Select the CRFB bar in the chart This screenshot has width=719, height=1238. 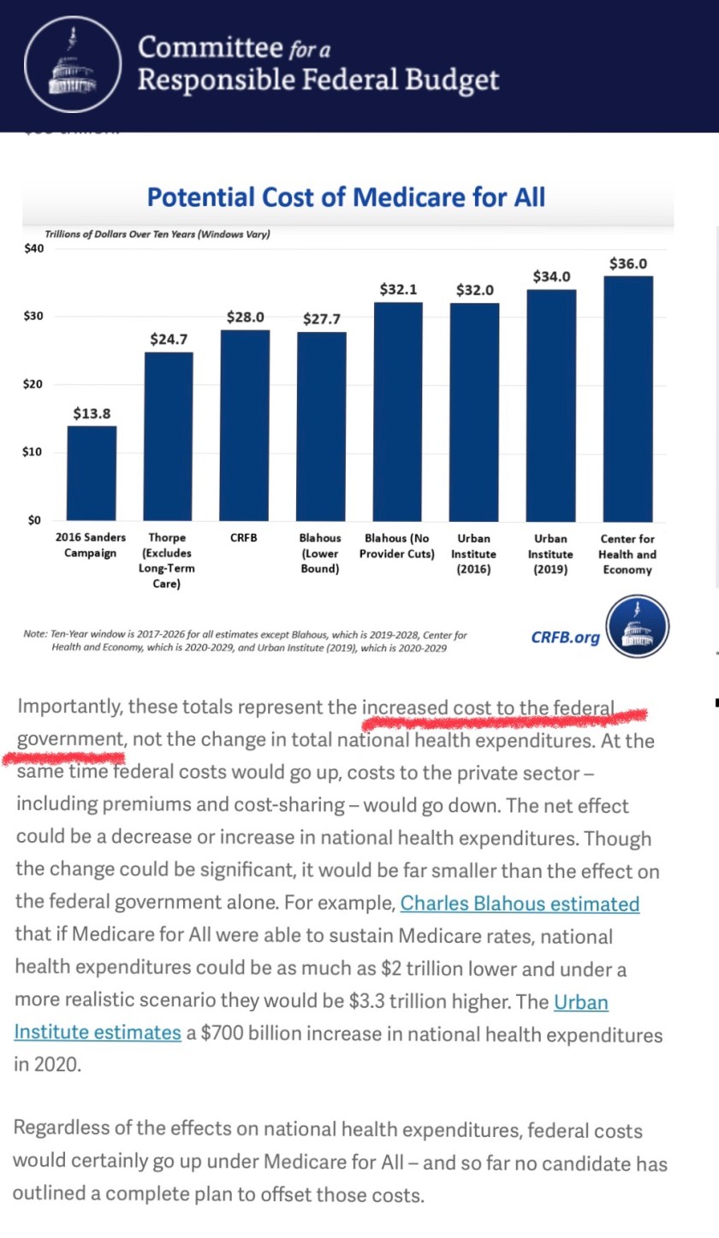(245, 425)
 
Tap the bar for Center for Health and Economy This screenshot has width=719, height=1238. (627, 398)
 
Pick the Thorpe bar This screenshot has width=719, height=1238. (168, 436)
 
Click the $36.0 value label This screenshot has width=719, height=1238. (627, 264)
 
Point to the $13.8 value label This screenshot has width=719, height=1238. (92, 413)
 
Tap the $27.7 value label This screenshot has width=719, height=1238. (322, 319)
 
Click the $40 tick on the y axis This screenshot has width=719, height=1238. (34, 249)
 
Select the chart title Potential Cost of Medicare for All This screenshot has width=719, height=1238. (346, 197)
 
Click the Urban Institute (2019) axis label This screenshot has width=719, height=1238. (550, 554)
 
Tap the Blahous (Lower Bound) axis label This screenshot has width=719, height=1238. (320, 554)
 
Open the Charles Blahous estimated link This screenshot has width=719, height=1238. (520, 903)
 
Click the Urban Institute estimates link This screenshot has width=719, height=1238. (98, 1033)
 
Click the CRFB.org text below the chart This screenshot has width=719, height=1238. (565, 637)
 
